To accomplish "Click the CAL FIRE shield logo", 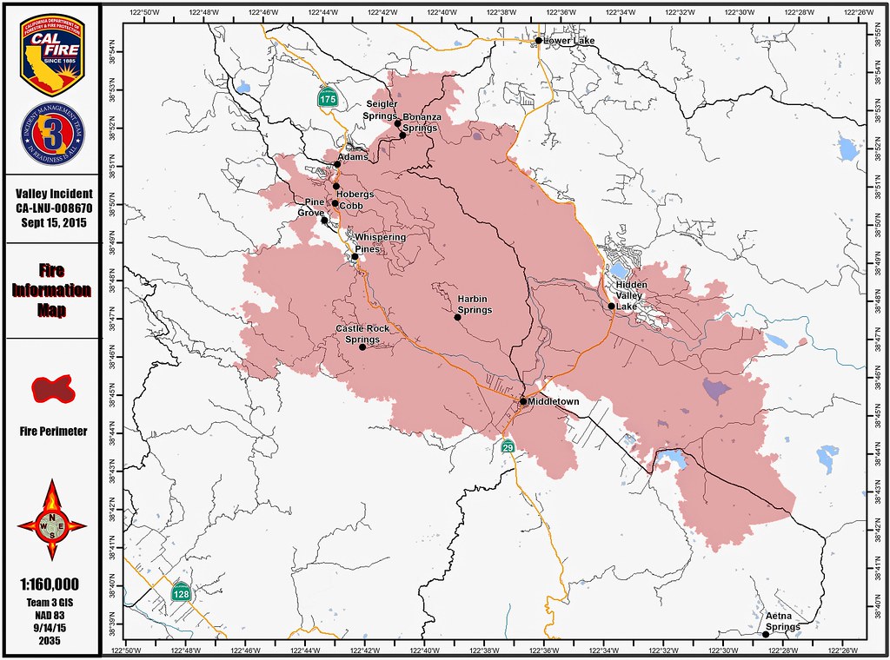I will (50, 54).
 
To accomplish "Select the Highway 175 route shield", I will (327, 98).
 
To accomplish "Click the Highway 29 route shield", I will (508, 445).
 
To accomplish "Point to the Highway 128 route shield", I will (180, 593).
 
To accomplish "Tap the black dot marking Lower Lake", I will (538, 40).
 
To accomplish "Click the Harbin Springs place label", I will (475, 305).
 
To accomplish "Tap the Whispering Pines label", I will (380, 243).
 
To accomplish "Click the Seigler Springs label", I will (382, 110).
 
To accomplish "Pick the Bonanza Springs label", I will (422, 122).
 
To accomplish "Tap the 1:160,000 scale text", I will (50, 584).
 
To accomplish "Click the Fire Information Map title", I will (51, 290).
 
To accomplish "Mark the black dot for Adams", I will (337, 163).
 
